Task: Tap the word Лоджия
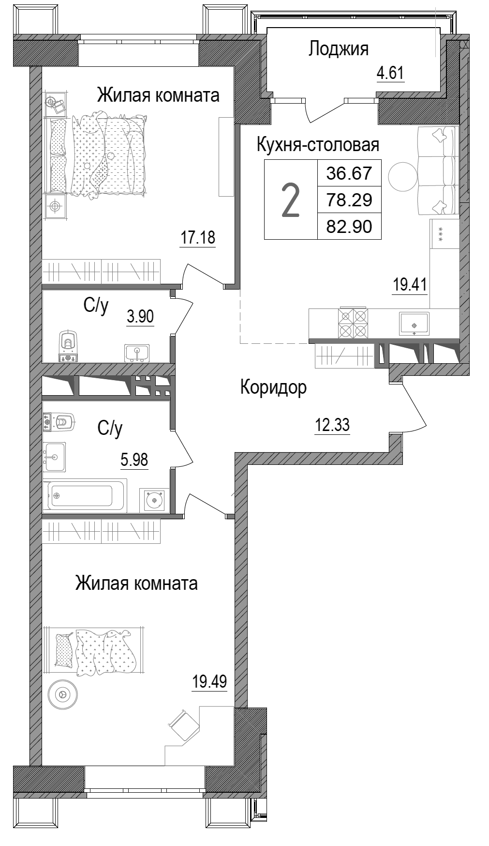(x=339, y=49)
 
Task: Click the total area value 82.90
(x=349, y=226)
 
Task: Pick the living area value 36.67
(x=349, y=173)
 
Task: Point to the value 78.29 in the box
(x=349, y=200)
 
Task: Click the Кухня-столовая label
(x=317, y=144)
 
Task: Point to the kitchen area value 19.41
(x=410, y=284)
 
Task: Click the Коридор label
(x=273, y=387)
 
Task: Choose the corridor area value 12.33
(x=332, y=426)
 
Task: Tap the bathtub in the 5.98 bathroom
(x=85, y=495)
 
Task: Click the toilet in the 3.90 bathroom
(x=68, y=344)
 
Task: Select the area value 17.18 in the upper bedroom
(x=197, y=238)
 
